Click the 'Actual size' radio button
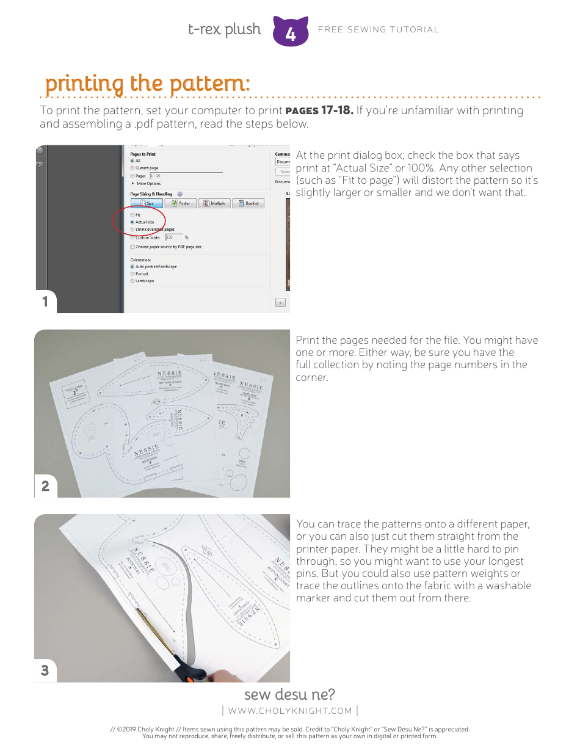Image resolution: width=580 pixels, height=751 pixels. [x=132, y=222]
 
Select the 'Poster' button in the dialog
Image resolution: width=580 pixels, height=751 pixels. [x=180, y=203]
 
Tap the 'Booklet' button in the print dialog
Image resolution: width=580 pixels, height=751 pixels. [x=248, y=203]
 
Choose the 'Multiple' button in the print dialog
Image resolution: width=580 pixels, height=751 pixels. [x=214, y=203]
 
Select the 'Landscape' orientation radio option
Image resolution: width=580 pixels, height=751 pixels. [x=132, y=281]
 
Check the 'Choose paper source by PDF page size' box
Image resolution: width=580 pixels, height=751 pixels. [x=132, y=247]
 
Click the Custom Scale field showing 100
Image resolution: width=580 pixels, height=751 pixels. [x=173, y=237]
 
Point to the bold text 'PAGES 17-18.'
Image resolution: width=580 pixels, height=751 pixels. [x=319, y=111]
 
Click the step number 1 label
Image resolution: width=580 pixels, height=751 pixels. [x=45, y=302]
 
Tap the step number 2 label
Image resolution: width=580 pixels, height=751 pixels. [x=45, y=487]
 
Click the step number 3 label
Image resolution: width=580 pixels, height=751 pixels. [x=45, y=670]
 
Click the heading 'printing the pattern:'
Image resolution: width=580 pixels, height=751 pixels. [x=147, y=84]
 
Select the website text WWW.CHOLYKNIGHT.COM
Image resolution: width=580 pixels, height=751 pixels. [x=290, y=711]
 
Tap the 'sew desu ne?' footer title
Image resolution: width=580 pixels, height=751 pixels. [x=289, y=694]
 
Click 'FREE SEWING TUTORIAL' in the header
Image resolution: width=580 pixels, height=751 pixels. [x=378, y=29]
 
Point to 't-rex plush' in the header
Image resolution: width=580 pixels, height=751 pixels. [x=224, y=29]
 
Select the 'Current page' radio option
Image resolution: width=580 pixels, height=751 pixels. [x=132, y=168]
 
